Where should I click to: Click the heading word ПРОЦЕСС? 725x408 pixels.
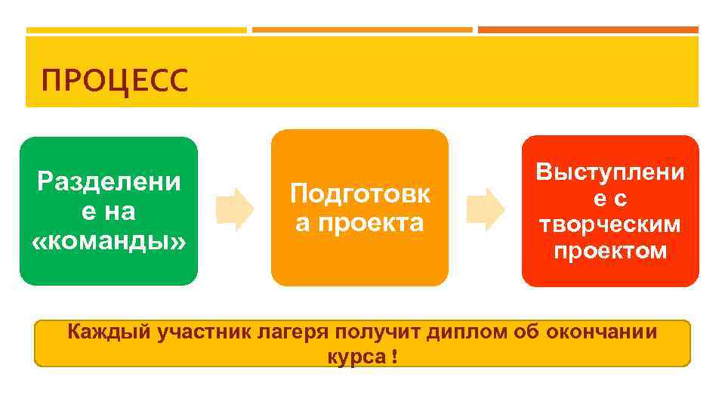(x=114, y=79)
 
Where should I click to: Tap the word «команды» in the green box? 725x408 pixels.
(x=109, y=242)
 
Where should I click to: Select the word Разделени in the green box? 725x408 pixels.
(x=109, y=181)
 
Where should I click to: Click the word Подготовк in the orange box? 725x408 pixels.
(x=360, y=194)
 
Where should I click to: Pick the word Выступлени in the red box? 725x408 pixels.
(x=610, y=172)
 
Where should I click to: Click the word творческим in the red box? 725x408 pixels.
(x=610, y=225)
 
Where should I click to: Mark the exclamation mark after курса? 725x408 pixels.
(x=395, y=356)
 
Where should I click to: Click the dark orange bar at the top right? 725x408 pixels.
(x=588, y=30)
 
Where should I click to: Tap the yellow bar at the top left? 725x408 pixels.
(x=136, y=30)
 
